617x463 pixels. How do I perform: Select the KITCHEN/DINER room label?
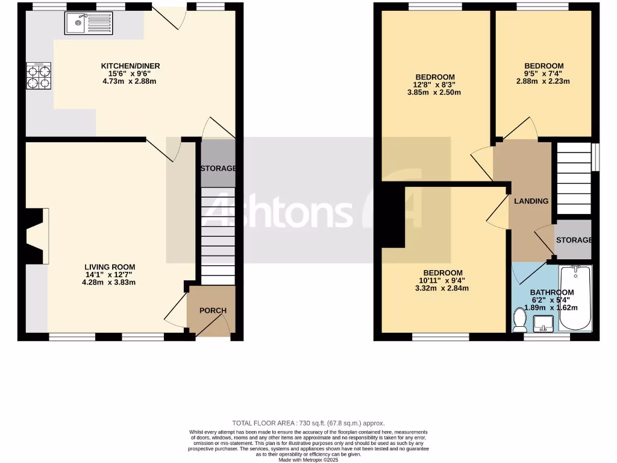click(130, 66)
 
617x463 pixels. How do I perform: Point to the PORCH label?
click(213, 310)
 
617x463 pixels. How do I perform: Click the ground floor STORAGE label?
click(218, 168)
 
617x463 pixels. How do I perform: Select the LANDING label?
click(531, 201)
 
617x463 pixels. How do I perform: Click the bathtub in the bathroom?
click(575, 298)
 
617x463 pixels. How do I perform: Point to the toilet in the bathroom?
click(519, 320)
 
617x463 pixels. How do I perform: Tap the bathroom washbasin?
click(543, 324)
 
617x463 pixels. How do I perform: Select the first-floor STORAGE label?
click(574, 240)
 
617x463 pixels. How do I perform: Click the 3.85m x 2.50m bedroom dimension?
click(433, 92)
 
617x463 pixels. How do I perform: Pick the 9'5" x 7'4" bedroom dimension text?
click(543, 74)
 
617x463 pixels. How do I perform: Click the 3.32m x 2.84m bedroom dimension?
click(442, 288)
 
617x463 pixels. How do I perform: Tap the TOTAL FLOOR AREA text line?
click(308, 423)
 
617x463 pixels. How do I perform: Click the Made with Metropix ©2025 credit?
click(308, 460)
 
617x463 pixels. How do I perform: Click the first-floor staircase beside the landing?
click(573, 178)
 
